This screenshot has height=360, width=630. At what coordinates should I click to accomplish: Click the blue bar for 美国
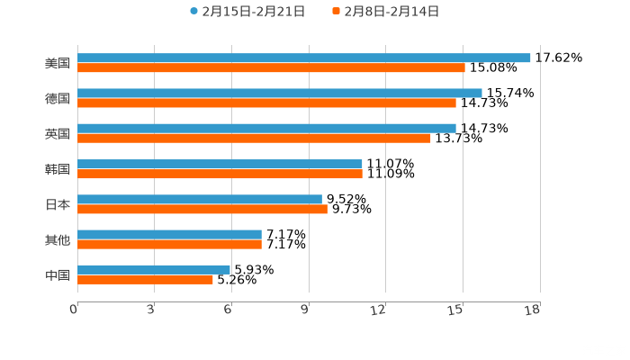[x=303, y=58]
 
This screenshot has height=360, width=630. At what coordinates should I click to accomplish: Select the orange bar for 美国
[x=271, y=67]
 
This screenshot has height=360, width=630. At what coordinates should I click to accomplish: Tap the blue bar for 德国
[x=279, y=93]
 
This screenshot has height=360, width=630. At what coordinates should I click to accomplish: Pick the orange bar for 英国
[x=254, y=138]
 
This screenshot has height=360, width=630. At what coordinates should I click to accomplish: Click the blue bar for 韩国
[x=220, y=164]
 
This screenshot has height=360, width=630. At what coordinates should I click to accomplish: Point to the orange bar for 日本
[x=202, y=209]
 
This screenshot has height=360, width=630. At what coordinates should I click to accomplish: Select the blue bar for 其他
[x=169, y=234]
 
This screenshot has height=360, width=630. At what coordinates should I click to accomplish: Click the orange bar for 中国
[x=145, y=279]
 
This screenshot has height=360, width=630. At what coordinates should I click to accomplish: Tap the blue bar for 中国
[x=153, y=269]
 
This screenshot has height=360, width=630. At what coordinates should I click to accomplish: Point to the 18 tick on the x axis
[x=533, y=310]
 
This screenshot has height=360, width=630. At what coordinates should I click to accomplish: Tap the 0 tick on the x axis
[x=74, y=310]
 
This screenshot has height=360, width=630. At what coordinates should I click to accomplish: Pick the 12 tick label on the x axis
[x=379, y=310]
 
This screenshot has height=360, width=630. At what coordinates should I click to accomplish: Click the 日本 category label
[x=58, y=204]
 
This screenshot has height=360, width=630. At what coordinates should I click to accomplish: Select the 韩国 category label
[x=58, y=169]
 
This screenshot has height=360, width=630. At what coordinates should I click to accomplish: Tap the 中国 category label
[x=58, y=274]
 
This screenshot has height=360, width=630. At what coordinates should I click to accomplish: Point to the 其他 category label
[x=58, y=239]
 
